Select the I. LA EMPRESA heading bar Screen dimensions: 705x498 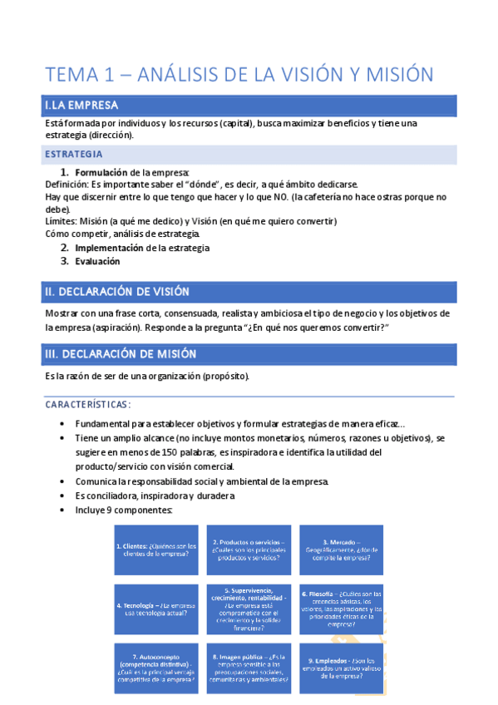[x=249, y=106]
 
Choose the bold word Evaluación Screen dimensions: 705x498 [x=97, y=261]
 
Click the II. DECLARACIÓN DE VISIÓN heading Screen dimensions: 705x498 [x=249, y=292]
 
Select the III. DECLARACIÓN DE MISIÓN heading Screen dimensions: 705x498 [x=249, y=354]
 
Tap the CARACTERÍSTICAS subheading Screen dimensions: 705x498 [x=87, y=404]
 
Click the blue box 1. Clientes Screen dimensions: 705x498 [x=155, y=550]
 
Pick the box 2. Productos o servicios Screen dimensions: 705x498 [x=248, y=550]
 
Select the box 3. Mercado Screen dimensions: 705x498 [x=341, y=550]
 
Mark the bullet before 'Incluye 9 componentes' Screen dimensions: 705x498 [x=65, y=510]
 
